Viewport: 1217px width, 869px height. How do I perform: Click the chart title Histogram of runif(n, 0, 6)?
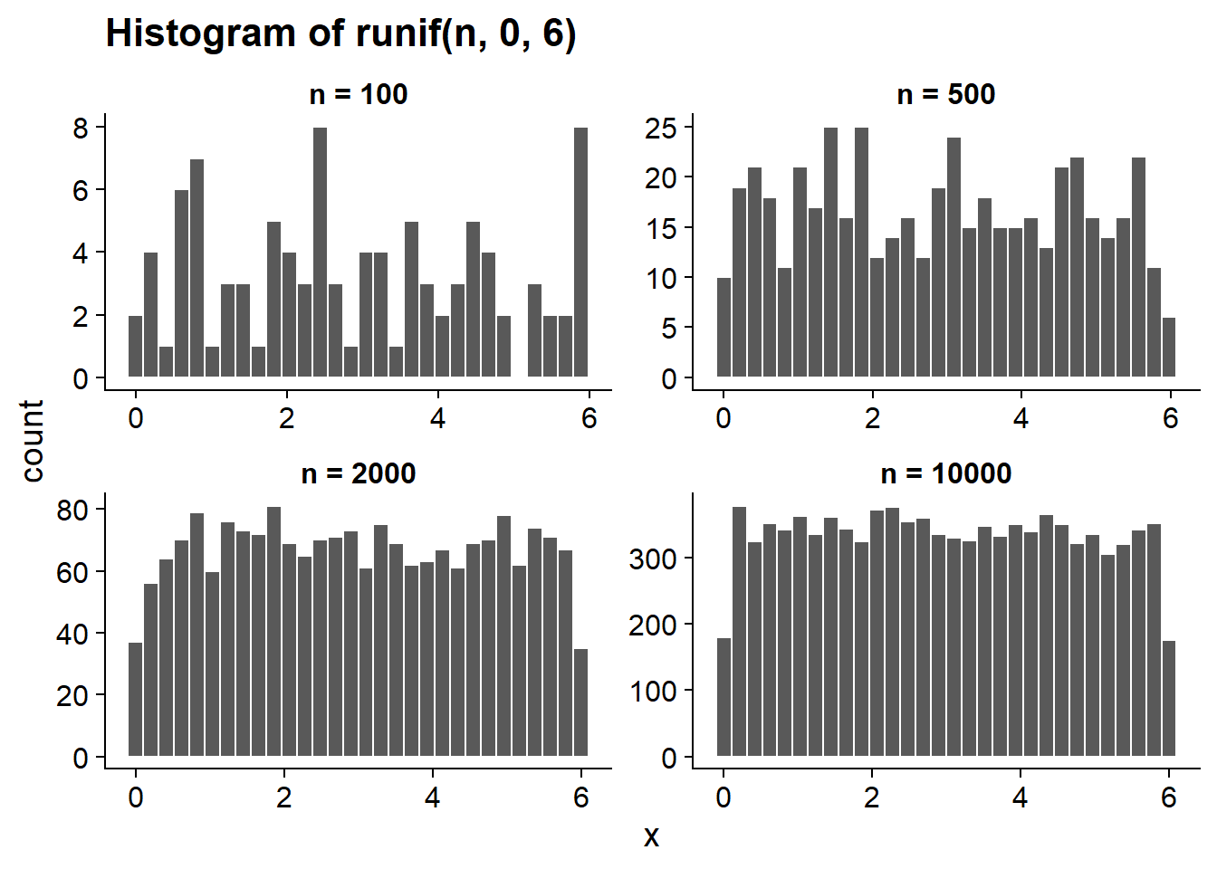[x=340, y=34]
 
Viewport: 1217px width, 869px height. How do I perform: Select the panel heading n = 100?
[x=358, y=94]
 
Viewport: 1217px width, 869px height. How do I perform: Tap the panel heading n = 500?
[x=946, y=94]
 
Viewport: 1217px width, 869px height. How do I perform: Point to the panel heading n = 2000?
[x=358, y=473]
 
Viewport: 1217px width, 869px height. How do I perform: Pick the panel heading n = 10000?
[x=946, y=473]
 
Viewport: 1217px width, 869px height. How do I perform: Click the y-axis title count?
[x=33, y=441]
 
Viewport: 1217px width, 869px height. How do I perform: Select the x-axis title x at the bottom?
[x=651, y=837]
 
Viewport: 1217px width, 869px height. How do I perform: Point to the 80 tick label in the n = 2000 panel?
[x=72, y=510]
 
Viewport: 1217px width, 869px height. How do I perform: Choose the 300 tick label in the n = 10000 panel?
[x=653, y=559]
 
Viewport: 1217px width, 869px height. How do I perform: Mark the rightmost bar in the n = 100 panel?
[x=580, y=252]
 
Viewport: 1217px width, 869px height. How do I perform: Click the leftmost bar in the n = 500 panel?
[x=723, y=327]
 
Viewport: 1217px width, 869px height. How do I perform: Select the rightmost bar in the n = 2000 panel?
[x=580, y=702]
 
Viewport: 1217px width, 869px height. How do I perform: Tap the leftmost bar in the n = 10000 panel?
[x=723, y=697]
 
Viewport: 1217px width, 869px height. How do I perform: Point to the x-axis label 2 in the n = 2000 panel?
[x=284, y=797]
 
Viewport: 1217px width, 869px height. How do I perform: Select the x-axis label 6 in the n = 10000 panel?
[x=1169, y=797]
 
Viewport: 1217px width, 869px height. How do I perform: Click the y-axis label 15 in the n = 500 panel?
[x=661, y=227]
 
